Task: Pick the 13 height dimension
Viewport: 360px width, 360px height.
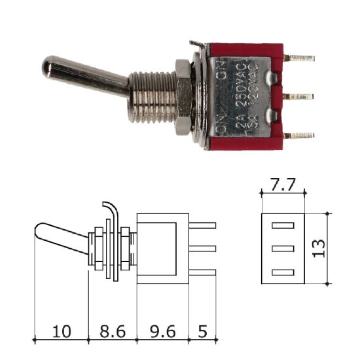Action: click(x=319, y=247)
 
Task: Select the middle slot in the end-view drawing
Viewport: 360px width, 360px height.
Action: click(x=283, y=249)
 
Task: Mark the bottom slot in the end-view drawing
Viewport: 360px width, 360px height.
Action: click(x=283, y=271)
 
